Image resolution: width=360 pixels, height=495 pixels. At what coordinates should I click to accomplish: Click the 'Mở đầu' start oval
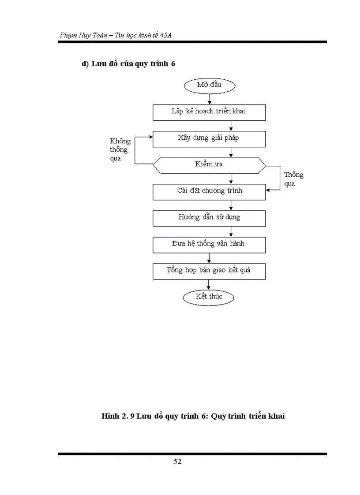click(209, 85)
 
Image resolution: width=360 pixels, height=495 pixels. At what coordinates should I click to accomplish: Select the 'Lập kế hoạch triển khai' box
click(209, 112)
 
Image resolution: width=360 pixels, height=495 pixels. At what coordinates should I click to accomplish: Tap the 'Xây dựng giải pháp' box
click(209, 138)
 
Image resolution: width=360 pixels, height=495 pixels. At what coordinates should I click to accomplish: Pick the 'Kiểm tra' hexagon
click(209, 165)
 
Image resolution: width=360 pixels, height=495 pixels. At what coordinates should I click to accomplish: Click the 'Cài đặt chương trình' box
click(209, 191)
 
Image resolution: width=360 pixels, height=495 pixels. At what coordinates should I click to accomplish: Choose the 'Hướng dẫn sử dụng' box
click(209, 218)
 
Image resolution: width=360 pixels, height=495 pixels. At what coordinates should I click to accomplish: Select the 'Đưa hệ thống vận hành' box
click(209, 244)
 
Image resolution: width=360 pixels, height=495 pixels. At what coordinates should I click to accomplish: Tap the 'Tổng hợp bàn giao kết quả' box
click(209, 271)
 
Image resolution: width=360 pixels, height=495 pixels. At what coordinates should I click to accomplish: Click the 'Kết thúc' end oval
click(209, 297)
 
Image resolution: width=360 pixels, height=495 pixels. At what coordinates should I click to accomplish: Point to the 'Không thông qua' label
click(120, 150)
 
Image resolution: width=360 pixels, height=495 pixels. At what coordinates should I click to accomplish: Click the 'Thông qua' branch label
click(293, 179)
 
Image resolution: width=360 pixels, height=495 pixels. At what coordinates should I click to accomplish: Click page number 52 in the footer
click(177, 462)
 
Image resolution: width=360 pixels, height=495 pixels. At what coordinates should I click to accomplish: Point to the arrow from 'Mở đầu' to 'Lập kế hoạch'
click(209, 99)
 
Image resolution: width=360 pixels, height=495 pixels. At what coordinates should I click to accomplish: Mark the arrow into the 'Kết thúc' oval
click(209, 284)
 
